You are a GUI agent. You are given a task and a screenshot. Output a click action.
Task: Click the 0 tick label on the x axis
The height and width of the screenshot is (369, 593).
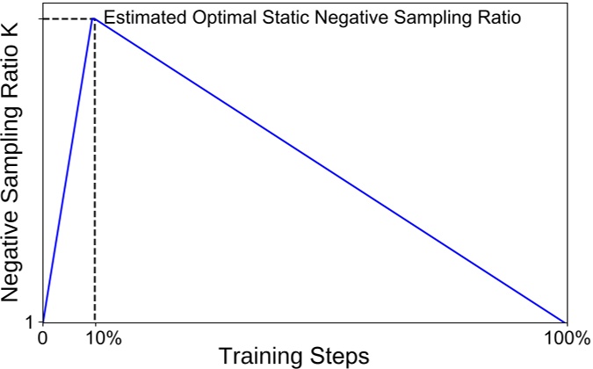[42, 338]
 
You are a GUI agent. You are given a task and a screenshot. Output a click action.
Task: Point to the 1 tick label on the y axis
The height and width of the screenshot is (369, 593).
[29, 322]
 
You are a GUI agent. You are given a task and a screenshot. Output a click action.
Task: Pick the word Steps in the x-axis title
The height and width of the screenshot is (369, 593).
[341, 357]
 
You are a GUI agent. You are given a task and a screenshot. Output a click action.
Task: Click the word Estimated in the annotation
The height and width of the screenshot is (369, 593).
[141, 18]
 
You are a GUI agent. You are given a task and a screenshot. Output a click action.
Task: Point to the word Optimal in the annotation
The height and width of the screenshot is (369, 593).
[213, 18]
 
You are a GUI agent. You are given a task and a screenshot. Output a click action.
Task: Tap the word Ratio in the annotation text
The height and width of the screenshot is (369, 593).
[501, 18]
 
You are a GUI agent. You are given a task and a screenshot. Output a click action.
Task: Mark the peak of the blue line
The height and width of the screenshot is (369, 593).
[94, 18]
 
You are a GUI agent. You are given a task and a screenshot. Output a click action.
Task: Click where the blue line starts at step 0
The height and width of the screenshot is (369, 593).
[42, 322]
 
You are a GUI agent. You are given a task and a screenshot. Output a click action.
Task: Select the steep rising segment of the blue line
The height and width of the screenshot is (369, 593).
[69, 170]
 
